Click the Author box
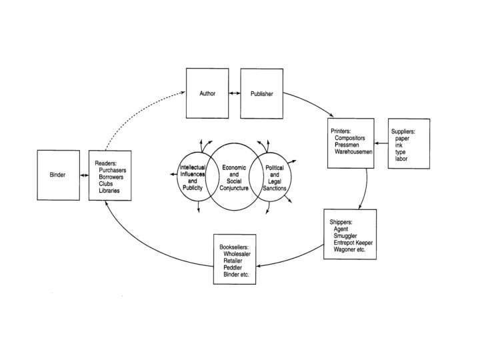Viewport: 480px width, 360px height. click(207, 94)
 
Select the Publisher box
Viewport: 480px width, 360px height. click(261, 94)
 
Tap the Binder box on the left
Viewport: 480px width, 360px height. click(58, 175)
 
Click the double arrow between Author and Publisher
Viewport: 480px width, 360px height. click(234, 94)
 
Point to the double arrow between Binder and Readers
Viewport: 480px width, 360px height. click(84, 175)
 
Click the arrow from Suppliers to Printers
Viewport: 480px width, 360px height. click(381, 143)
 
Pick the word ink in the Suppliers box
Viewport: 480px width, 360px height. click(399, 145)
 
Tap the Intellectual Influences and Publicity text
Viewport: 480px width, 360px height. click(192, 178)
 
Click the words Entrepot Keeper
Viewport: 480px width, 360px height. click(353, 243)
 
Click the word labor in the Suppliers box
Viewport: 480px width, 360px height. click(401, 159)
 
